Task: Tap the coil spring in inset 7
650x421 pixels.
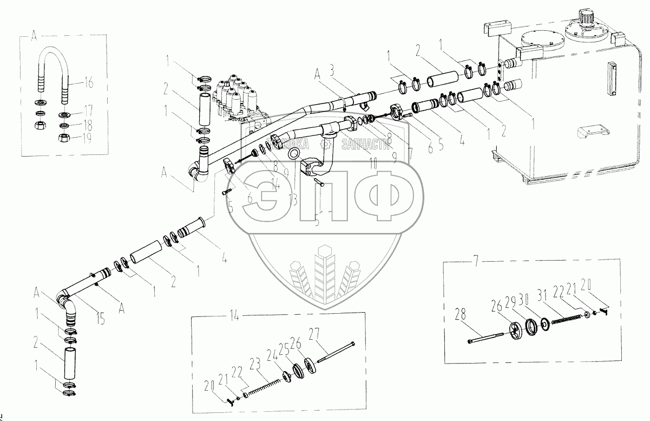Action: [x=568, y=320]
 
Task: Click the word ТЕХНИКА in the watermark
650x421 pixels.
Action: [x=293, y=143]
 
